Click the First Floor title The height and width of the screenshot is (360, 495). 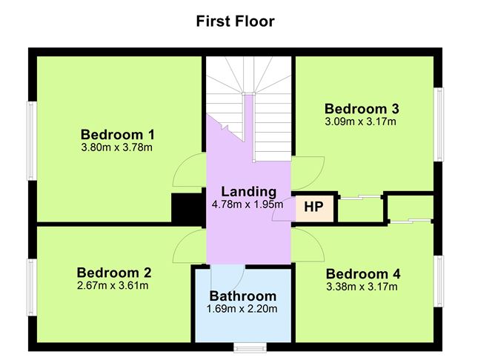235,21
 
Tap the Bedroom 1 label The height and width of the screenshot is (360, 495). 117,135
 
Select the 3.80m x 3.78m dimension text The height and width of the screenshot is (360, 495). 117,147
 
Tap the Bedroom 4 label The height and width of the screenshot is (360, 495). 363,273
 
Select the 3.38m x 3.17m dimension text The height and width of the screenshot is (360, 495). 363,286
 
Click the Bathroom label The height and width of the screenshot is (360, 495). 243,297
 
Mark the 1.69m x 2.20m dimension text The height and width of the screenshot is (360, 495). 243,310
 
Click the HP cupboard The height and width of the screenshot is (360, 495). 314,207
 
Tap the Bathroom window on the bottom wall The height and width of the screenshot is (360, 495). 250,346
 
